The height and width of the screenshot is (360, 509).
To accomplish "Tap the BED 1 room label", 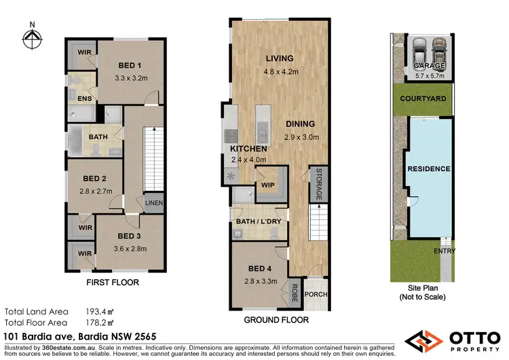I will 130,65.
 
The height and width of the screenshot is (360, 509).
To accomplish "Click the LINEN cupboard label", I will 154,203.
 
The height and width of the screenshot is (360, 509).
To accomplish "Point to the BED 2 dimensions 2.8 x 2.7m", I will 94,192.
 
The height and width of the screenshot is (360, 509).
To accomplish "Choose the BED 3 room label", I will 129,236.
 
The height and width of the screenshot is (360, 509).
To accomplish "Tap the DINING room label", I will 300,124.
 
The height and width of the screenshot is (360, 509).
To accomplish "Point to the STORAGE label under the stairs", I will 316,184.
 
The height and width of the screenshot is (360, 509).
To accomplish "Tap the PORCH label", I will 314,294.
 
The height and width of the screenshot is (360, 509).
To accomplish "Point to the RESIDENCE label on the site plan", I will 428,168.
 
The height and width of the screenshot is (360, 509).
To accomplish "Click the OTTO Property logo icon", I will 423,339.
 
